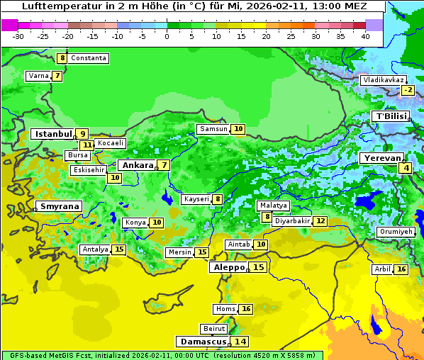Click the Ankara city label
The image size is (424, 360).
tap(135, 165)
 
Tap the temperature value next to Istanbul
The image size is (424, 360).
tap(83, 133)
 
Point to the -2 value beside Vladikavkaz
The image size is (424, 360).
tap(407, 90)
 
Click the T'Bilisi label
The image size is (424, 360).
tap(391, 116)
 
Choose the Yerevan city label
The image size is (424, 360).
tap(381, 158)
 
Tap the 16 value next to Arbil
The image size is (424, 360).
tap(401, 269)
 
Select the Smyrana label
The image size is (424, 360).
tap(60, 206)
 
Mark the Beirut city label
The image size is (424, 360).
tap(214, 329)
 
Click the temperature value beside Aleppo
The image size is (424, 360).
tap(259, 267)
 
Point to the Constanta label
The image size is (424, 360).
tap(89, 58)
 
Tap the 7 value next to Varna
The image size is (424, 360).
tap(57, 76)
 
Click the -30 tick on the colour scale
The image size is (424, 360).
tap(18, 36)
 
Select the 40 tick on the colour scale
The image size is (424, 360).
tap(365, 36)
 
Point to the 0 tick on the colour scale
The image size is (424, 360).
tap(167, 36)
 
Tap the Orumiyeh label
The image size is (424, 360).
tap(395, 232)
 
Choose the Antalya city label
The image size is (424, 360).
tap(95, 249)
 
